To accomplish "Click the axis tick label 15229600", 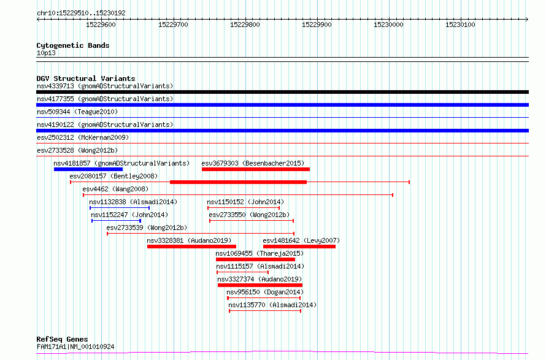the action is pyautogui.click(x=101, y=25).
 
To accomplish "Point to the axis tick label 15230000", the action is pyautogui.click(x=388, y=25).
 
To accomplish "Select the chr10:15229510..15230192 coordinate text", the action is pyautogui.click(x=81, y=13).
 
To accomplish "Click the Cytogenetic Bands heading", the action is pyautogui.click(x=73, y=45).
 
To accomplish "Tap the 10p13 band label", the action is pyautogui.click(x=46, y=53).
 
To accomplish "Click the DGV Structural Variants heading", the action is pyautogui.click(x=86, y=79).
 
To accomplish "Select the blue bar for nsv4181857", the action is pyautogui.click(x=88, y=169).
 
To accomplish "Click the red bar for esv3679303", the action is pyautogui.click(x=256, y=169).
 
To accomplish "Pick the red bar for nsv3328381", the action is pyautogui.click(x=191, y=247).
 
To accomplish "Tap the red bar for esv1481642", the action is pyautogui.click(x=299, y=247).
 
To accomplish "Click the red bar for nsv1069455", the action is pyautogui.click(x=255, y=260).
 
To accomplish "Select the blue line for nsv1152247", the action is pyautogui.click(x=116, y=221).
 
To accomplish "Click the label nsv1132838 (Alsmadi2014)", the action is pyautogui.click(x=133, y=202).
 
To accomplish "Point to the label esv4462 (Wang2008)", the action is pyautogui.click(x=115, y=189).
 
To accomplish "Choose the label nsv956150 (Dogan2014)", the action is pyautogui.click(x=264, y=292).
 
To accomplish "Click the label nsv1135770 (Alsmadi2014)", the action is pyautogui.click(x=272, y=305).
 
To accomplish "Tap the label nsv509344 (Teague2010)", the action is pyautogui.click(x=77, y=112).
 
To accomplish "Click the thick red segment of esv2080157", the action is pyautogui.click(x=238, y=182).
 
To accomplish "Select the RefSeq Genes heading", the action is pyautogui.click(x=62, y=339).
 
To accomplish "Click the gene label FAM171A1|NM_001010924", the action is pyautogui.click(x=75, y=347).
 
